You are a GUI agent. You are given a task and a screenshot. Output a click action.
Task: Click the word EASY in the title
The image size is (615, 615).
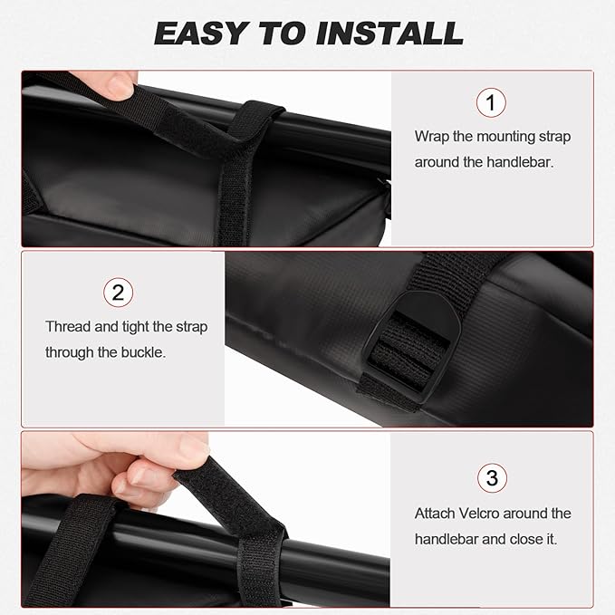(x=202, y=33)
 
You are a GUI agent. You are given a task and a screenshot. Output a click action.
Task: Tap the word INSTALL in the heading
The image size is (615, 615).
(x=389, y=33)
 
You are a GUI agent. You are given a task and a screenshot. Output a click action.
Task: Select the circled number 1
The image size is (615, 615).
(x=491, y=102)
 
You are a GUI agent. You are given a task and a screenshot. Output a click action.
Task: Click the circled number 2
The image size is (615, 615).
(x=118, y=293)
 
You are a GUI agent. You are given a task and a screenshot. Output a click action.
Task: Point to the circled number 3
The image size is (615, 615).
(x=492, y=477)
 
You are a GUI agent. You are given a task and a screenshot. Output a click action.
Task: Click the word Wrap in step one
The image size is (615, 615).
(x=431, y=137)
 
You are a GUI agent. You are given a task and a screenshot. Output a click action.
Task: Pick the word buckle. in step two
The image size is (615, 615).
(x=143, y=352)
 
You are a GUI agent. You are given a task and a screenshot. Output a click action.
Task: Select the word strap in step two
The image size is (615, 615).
(x=191, y=327)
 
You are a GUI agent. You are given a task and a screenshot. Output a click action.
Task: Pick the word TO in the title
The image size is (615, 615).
(x=283, y=33)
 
